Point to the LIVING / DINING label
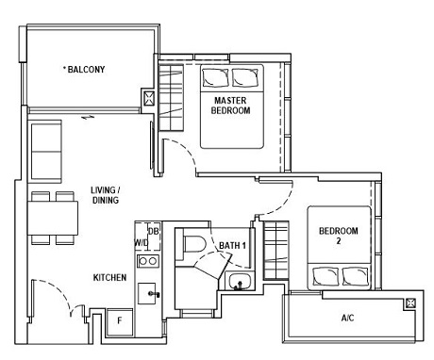106,195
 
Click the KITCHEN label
110,278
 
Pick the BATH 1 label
232,246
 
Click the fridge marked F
119,320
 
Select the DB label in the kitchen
153,231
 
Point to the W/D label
142,242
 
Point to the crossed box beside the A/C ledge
410,303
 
